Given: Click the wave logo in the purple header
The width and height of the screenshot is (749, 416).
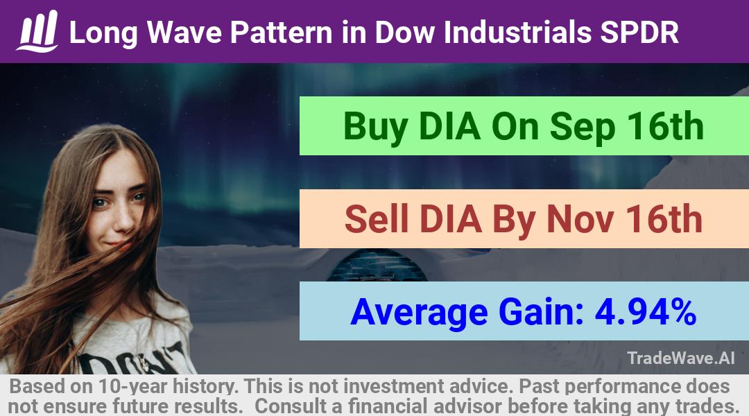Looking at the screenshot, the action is (x=37, y=31).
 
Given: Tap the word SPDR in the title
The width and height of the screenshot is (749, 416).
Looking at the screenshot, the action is (x=639, y=33).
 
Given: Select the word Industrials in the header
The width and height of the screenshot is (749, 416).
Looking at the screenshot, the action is (x=518, y=33).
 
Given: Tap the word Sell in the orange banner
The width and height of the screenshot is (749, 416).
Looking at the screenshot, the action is (x=377, y=219).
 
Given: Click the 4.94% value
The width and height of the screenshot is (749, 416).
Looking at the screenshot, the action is (x=646, y=312).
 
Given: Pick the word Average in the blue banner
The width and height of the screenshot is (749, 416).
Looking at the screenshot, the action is (x=419, y=313).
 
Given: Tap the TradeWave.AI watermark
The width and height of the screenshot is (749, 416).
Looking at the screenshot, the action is (x=681, y=358).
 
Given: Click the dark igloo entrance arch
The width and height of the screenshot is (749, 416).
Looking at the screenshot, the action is (x=377, y=266).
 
